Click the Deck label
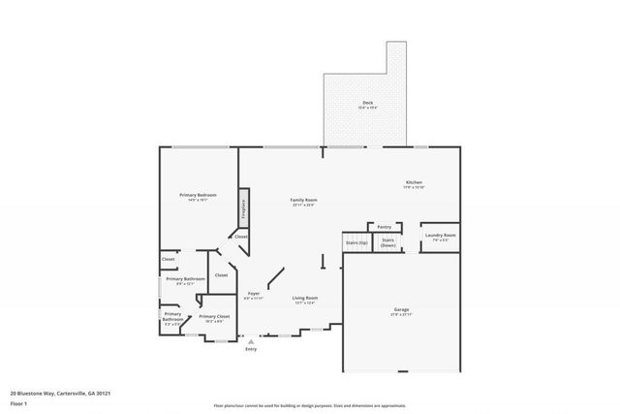point(367,102)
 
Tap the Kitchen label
point(414,182)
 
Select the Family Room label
point(302,200)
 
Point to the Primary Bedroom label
point(198,195)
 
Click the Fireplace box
point(245,207)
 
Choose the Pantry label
point(385,226)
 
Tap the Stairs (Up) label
point(356,242)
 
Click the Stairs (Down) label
point(388,241)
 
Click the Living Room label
point(305,298)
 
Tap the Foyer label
point(254,293)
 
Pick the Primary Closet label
point(214,316)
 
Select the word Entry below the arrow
point(251,349)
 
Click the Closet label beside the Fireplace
point(241,237)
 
